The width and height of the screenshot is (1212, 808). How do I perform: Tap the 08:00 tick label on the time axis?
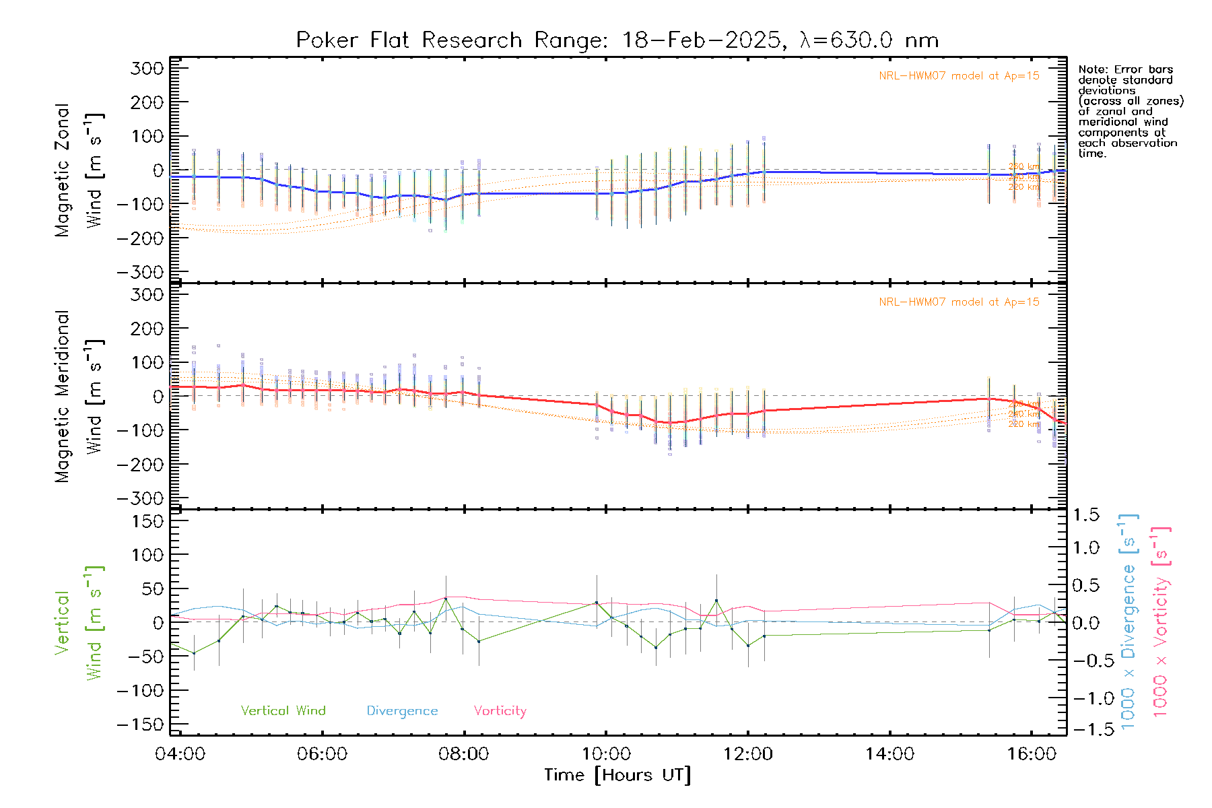point(463,754)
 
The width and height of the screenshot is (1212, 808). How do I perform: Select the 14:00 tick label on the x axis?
point(889,754)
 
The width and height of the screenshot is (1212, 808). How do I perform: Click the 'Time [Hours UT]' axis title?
point(617,775)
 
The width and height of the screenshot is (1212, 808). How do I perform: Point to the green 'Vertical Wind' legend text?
point(283,710)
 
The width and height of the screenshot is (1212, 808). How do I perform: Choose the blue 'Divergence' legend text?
point(402,711)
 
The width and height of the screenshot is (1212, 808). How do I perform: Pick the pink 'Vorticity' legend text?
point(500,710)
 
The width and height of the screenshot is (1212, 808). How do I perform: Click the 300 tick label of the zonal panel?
point(147,68)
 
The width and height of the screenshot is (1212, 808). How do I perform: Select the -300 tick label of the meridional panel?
point(140,498)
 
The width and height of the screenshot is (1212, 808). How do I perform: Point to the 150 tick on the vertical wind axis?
point(147,521)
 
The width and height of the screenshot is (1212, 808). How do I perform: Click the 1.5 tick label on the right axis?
point(1086,515)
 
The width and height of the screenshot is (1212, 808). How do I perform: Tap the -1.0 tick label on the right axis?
point(1086,698)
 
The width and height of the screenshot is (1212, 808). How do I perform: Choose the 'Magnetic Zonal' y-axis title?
point(63,170)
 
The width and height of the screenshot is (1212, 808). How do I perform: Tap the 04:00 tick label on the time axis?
point(180,754)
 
